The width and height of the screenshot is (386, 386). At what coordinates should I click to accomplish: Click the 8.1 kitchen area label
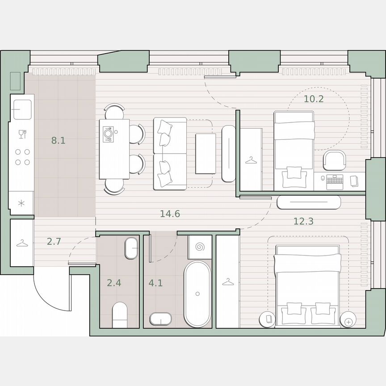[x=58, y=141]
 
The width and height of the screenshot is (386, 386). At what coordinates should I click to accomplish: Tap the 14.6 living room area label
[x=170, y=214]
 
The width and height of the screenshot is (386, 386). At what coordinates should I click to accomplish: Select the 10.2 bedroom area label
[x=313, y=99]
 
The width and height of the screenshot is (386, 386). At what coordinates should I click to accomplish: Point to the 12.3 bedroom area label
[x=303, y=221]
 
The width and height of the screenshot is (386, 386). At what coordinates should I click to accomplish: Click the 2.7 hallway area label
[x=54, y=242]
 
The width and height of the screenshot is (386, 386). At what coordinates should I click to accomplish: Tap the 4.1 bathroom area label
[x=155, y=282]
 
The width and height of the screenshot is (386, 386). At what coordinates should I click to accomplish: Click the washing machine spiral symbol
[x=200, y=247]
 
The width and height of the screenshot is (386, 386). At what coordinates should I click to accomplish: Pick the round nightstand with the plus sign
[x=348, y=320]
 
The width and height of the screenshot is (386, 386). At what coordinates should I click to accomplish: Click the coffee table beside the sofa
[x=206, y=154]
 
